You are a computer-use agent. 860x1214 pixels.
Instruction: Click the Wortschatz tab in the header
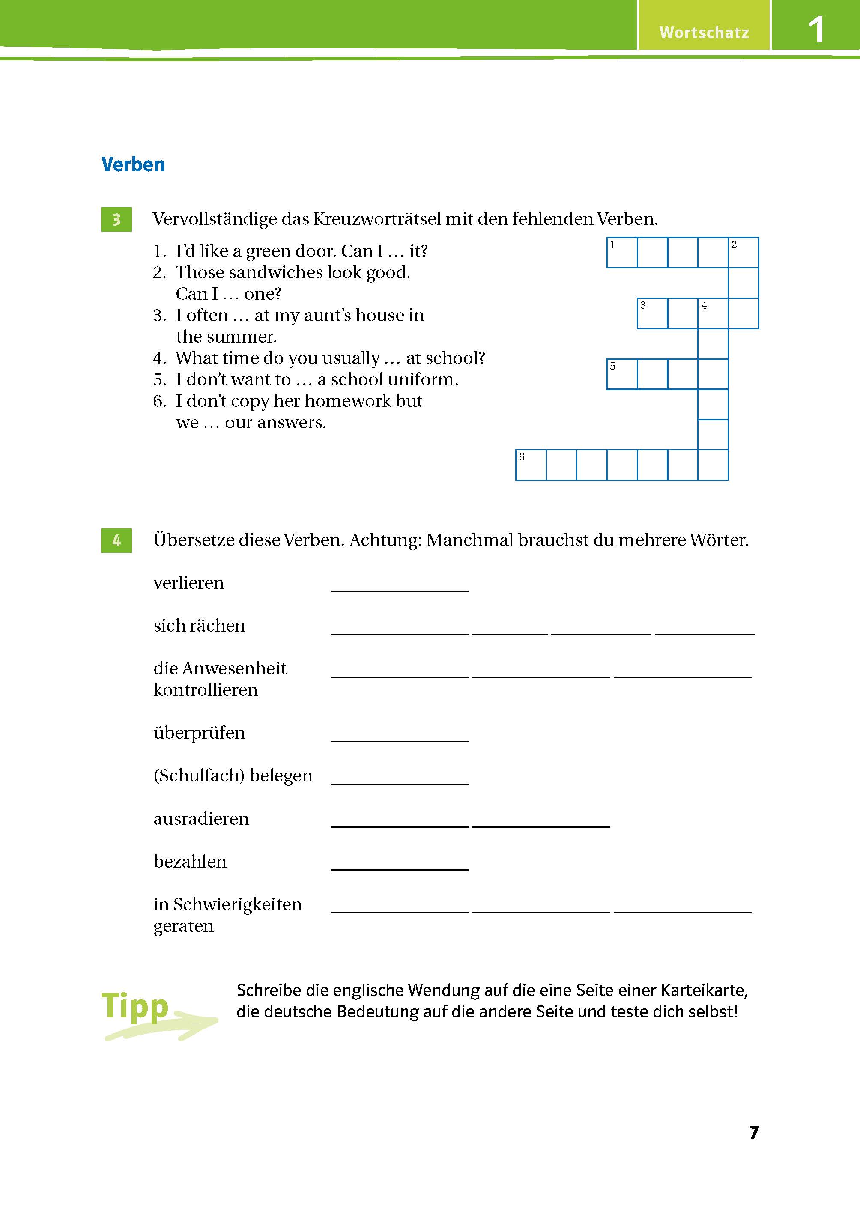click(703, 32)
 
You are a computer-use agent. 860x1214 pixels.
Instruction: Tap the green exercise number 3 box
click(116, 219)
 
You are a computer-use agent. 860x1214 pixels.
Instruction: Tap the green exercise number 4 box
click(116, 540)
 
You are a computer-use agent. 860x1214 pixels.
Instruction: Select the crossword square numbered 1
click(622, 253)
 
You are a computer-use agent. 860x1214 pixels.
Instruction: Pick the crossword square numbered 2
click(744, 253)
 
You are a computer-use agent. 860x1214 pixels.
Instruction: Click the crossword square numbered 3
click(652, 313)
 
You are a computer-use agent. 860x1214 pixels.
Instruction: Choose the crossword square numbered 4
click(713, 313)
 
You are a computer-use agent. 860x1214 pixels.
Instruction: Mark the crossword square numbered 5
click(622, 374)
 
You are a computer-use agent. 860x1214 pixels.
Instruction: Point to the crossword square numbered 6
click(531, 465)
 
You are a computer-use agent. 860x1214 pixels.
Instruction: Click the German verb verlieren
click(188, 583)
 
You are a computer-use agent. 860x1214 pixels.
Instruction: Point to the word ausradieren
click(201, 819)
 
